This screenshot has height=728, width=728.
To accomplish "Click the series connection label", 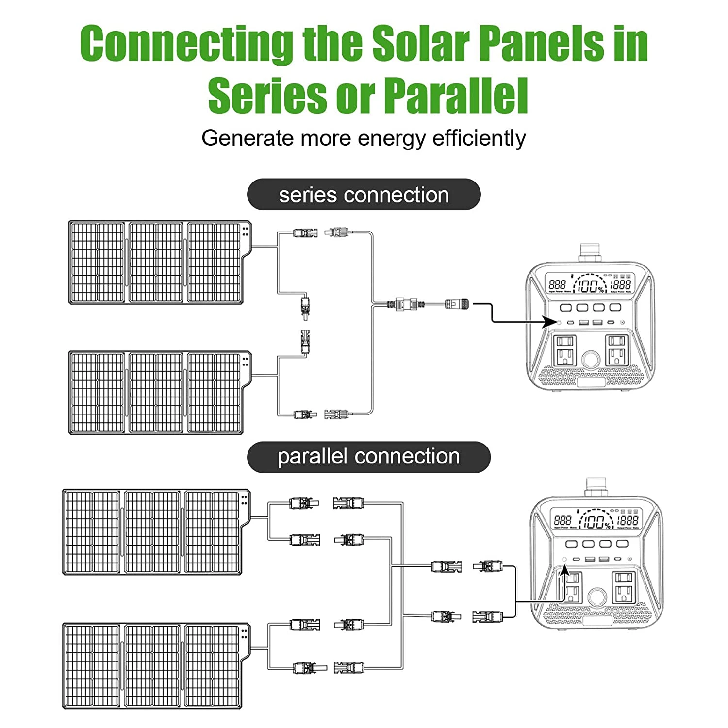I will pyautogui.click(x=364, y=195).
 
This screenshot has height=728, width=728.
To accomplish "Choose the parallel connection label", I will pyautogui.click(x=368, y=457).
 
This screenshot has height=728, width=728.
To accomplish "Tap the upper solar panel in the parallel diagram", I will pyautogui.click(x=155, y=532).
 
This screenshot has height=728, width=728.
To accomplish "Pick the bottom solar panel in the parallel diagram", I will pyautogui.click(x=155, y=666).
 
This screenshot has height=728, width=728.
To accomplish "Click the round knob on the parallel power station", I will pyautogui.click(x=596, y=596).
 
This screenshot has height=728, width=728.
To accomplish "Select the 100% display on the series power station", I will pyautogui.click(x=590, y=285).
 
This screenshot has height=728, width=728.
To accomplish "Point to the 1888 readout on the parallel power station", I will pyautogui.click(x=628, y=520).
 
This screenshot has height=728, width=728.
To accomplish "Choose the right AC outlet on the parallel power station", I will pyautogui.click(x=624, y=587).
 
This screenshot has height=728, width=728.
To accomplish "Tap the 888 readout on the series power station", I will pyautogui.click(x=557, y=284).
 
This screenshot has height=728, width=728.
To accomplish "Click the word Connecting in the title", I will pyautogui.click(x=186, y=44).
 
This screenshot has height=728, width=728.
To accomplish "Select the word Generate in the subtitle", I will pyautogui.click(x=248, y=138).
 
